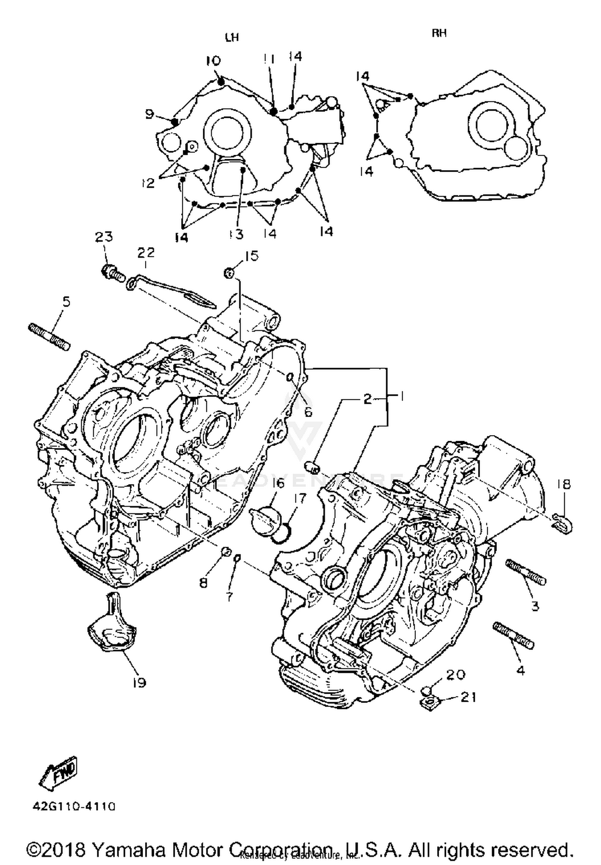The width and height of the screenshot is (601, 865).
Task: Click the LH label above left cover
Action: [x=232, y=38]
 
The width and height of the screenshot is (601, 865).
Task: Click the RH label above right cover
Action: [x=439, y=33]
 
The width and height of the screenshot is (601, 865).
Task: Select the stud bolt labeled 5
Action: [x=49, y=336]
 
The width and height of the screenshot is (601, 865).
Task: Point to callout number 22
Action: [x=146, y=253]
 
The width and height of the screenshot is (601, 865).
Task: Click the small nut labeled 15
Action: [x=229, y=273]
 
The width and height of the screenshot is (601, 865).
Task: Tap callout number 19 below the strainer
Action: [x=139, y=682]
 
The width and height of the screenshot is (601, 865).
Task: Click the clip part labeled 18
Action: [x=563, y=522]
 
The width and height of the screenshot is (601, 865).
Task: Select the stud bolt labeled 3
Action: [x=526, y=573]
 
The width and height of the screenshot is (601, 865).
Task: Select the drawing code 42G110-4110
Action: [x=74, y=806]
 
